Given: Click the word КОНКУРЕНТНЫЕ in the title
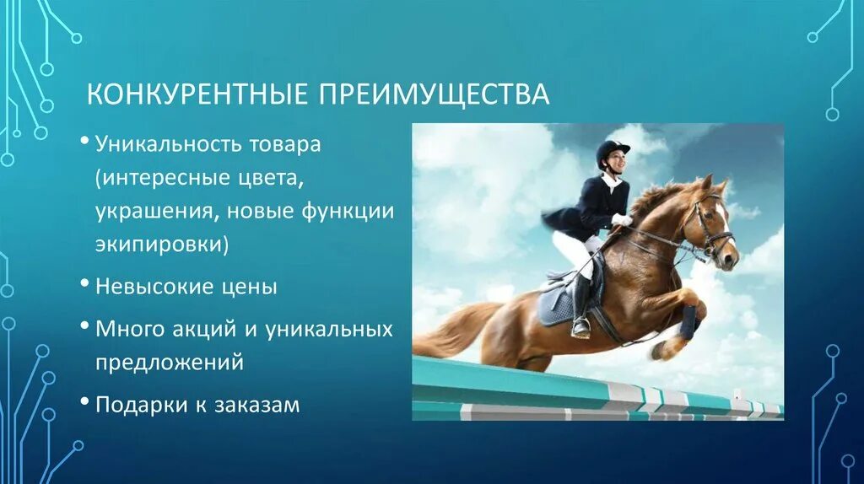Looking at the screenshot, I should (x=198, y=94).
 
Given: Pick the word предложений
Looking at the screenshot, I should (x=170, y=363).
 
